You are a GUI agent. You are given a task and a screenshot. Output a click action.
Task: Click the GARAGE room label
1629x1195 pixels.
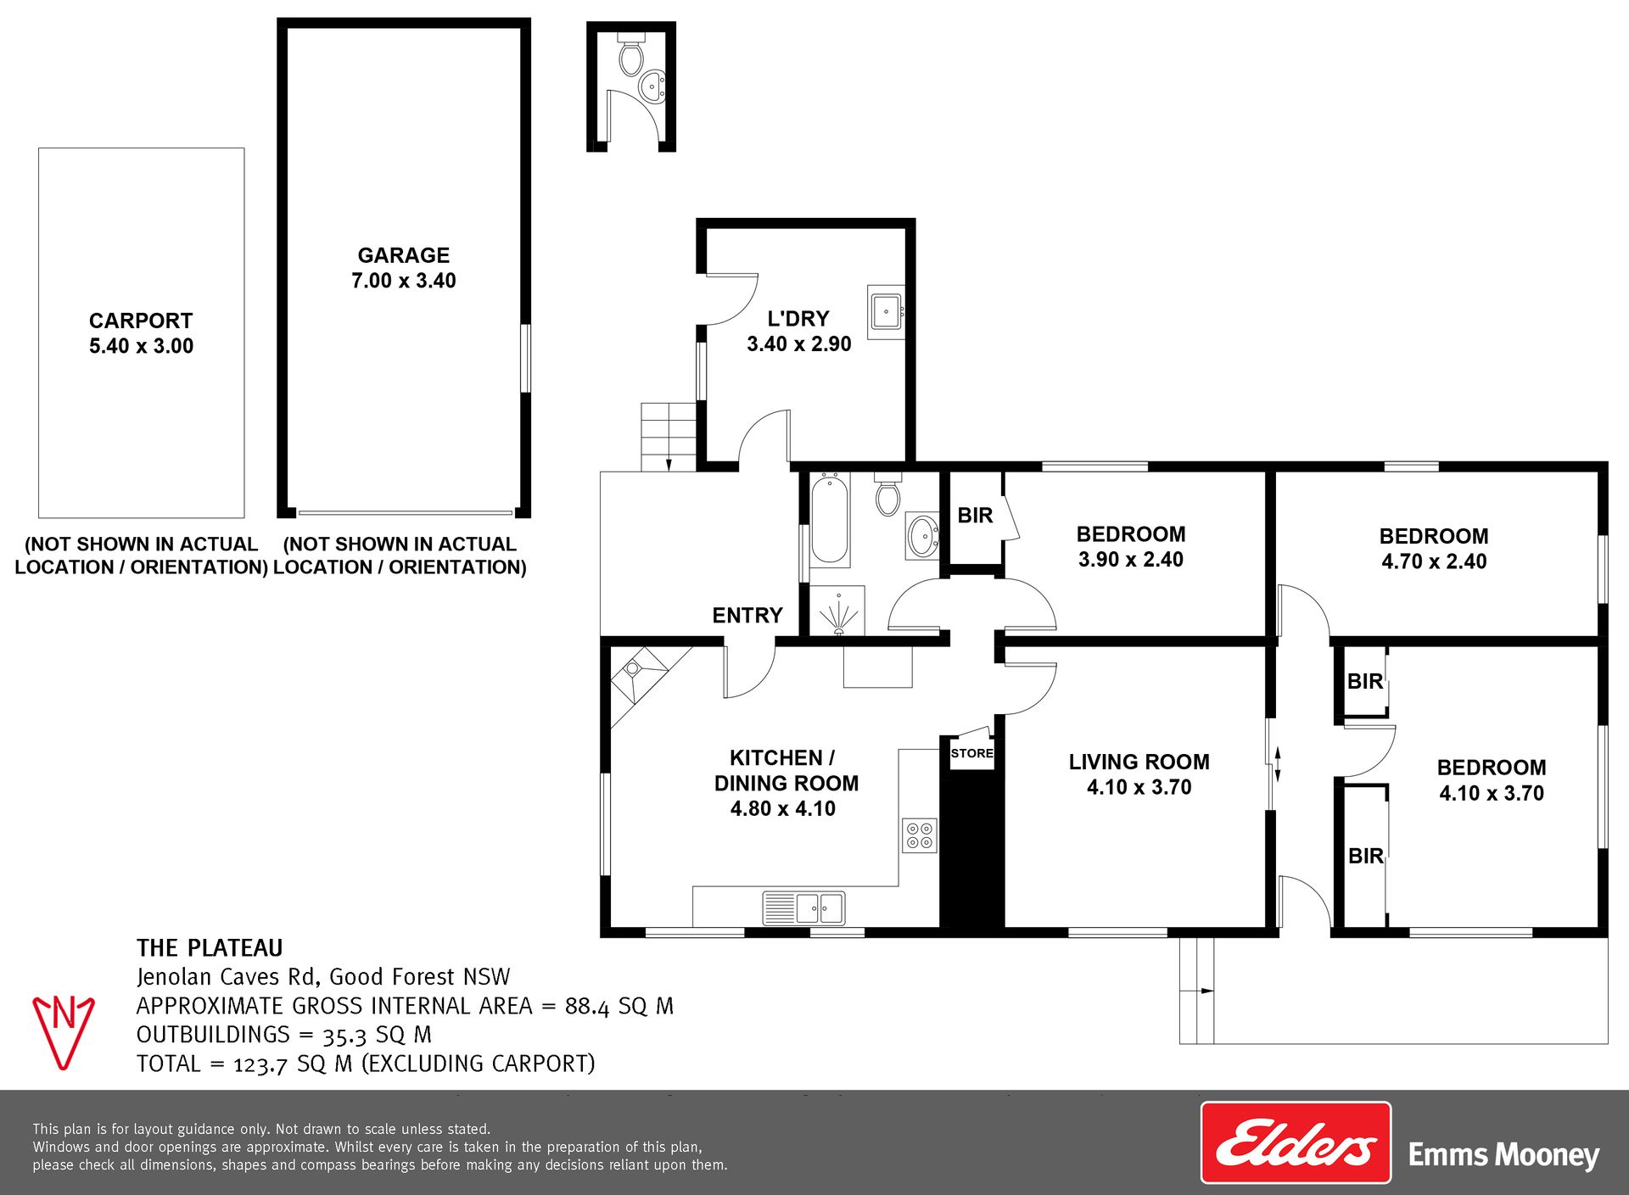coord(404,255)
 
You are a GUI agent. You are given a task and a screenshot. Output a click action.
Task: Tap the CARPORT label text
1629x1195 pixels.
coord(141,321)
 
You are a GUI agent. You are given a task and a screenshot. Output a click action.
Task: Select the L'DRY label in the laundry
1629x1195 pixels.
coord(798,319)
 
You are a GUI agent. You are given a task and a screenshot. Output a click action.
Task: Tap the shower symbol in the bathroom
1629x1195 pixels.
coord(837,610)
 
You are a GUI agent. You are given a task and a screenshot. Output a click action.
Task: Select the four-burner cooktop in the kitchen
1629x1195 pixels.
coord(920,835)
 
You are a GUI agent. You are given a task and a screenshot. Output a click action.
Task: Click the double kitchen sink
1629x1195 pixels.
coord(803,907)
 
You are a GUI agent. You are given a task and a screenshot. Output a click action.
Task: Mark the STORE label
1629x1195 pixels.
coord(971,753)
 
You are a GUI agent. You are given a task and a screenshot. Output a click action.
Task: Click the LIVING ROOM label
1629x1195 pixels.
coord(1139,762)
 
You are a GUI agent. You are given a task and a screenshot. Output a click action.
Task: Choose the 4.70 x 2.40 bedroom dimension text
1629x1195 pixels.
coord(1434,561)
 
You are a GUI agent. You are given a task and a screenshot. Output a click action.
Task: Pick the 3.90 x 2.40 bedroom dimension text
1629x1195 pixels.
coord(1131,560)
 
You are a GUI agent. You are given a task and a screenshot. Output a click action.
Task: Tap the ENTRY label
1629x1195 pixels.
coord(747,616)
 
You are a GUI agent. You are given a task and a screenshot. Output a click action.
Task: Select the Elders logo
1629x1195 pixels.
coord(1296,1142)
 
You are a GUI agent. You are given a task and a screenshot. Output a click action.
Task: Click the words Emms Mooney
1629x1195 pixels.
coord(1503,1155)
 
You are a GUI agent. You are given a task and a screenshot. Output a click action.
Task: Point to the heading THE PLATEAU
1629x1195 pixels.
coord(210,948)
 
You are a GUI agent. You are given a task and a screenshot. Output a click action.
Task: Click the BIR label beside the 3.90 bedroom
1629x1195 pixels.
coord(975,516)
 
